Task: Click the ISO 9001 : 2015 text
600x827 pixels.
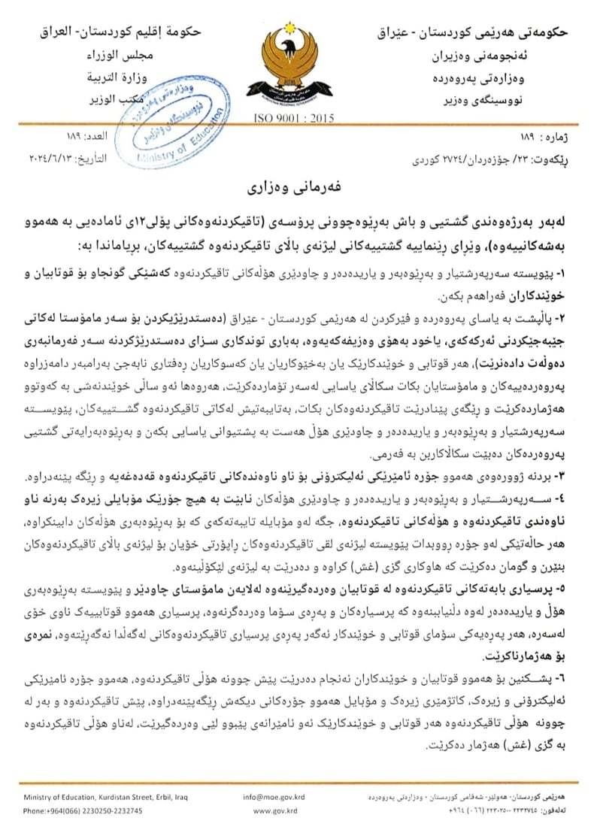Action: coord(294,119)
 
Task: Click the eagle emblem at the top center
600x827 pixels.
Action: coord(294,68)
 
